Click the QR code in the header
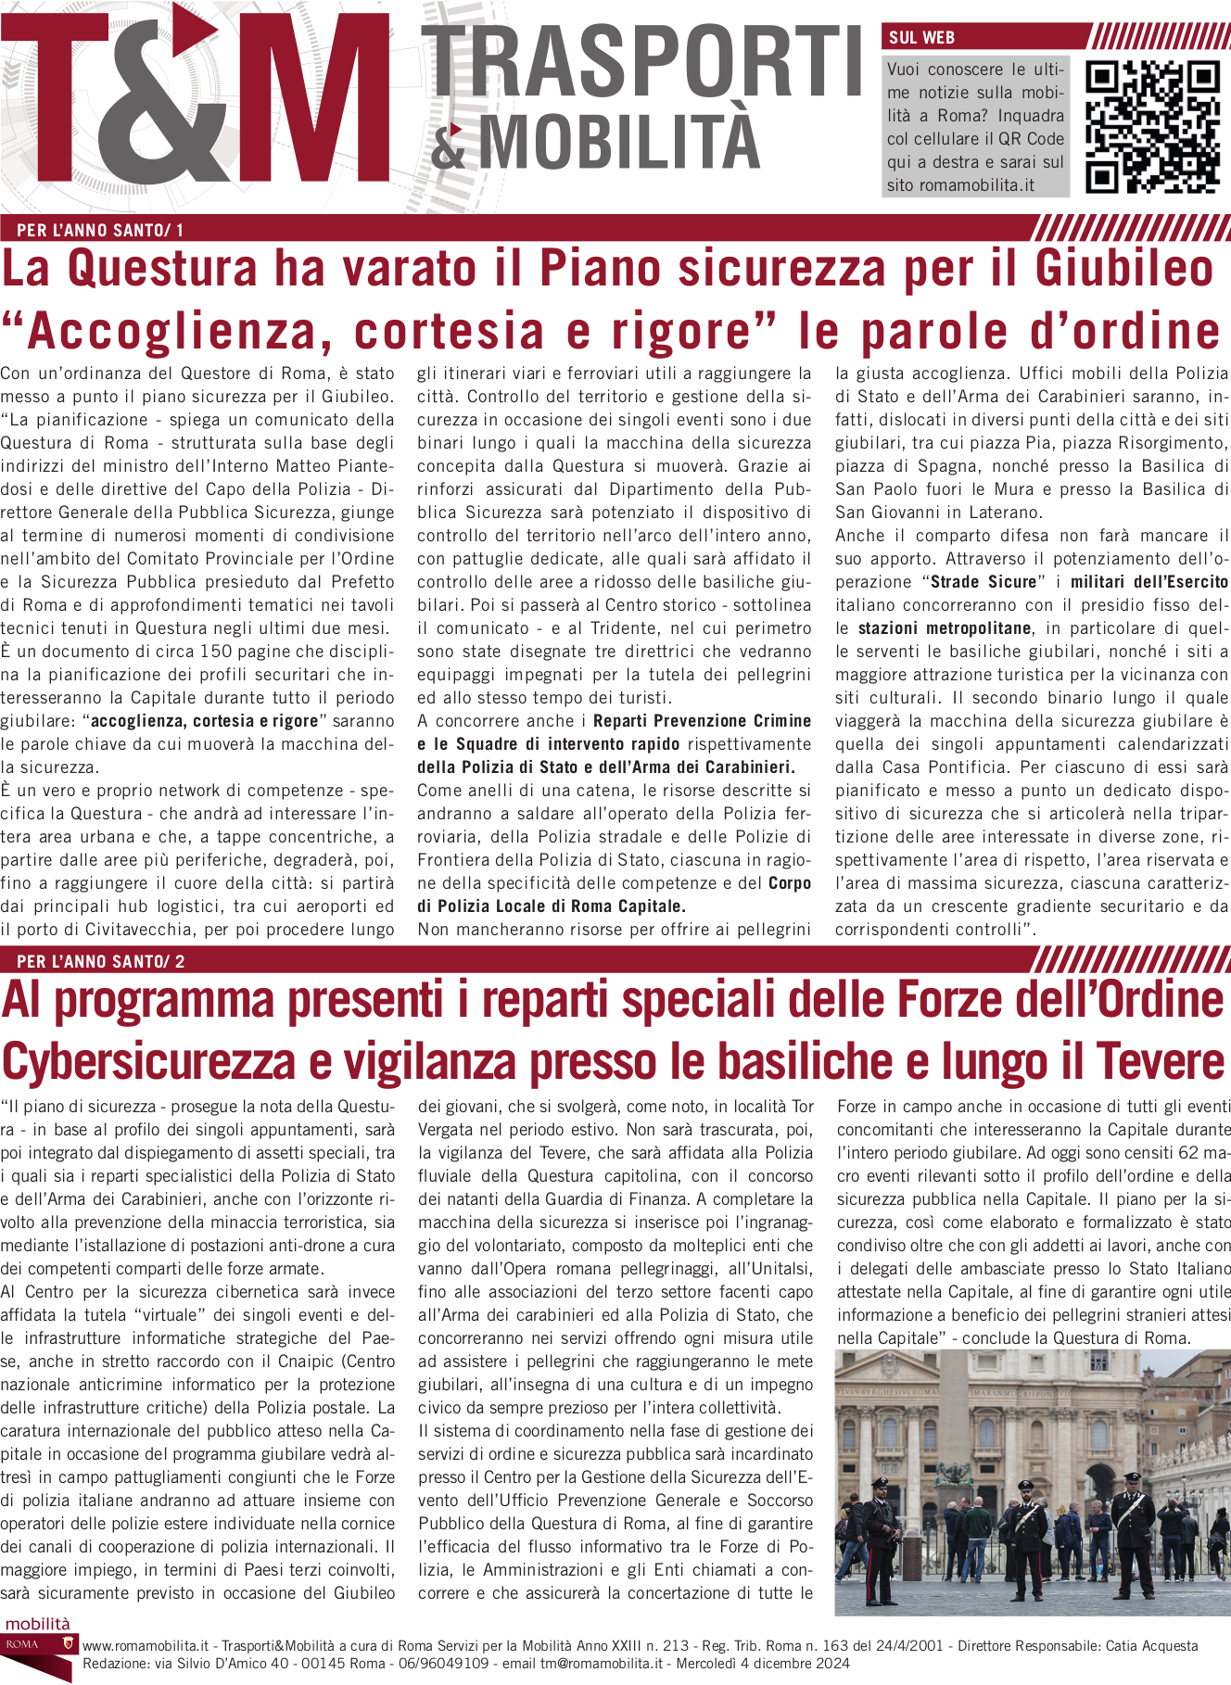(1152, 127)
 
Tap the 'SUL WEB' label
(921, 38)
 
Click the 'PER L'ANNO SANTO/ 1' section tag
(100, 230)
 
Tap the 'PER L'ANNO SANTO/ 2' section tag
(100, 962)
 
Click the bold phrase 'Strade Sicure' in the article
(983, 582)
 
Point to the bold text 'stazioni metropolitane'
(945, 628)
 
